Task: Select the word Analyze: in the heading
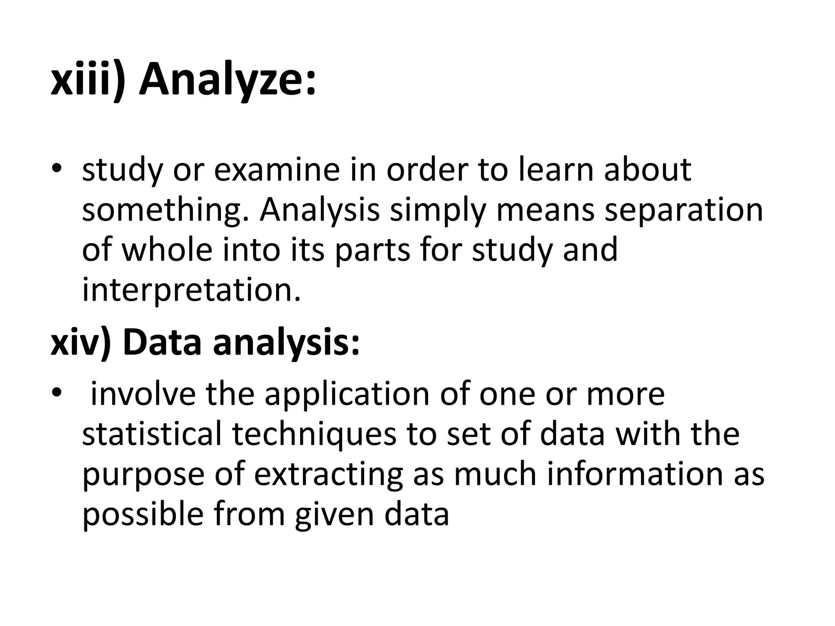click(x=228, y=81)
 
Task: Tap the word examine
click(x=276, y=170)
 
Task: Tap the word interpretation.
click(x=191, y=290)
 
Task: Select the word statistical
click(x=152, y=434)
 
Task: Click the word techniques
click(x=314, y=434)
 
